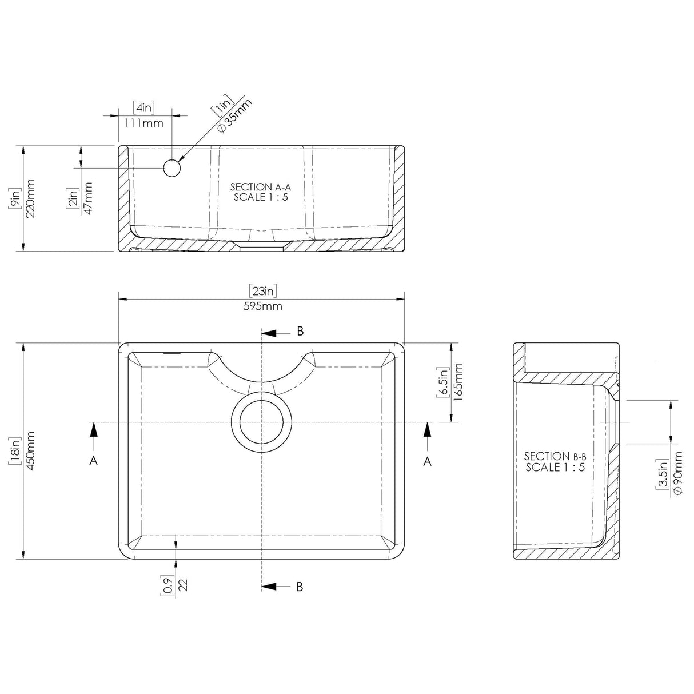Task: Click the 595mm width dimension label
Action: tap(262, 306)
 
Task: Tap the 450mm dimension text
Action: tap(31, 452)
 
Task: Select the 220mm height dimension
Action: tap(31, 198)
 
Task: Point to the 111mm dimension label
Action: tap(144, 123)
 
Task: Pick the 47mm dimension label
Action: tap(88, 198)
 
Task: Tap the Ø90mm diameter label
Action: tap(677, 473)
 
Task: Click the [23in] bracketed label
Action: tap(263, 290)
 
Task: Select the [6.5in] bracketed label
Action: tap(442, 382)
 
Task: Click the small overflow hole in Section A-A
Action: tap(172, 168)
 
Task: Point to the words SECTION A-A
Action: tap(260, 187)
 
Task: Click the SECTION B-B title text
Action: tap(555, 456)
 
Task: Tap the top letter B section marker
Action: tap(300, 331)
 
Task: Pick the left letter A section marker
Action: tap(93, 460)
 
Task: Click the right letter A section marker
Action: tap(427, 461)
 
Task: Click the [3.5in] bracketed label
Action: tap(662, 474)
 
